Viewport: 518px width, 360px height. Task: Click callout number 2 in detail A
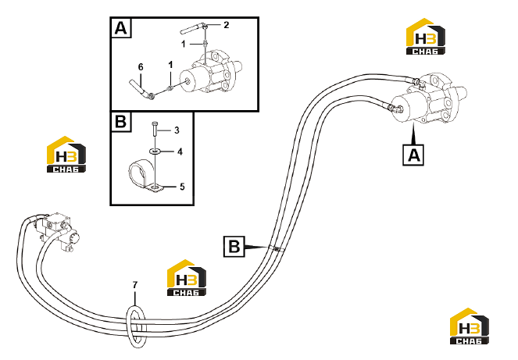226,25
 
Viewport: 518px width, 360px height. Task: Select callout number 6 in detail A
141,67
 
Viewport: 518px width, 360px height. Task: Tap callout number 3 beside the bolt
177,130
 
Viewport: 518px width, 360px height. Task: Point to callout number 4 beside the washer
180,151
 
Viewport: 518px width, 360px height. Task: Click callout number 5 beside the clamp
182,187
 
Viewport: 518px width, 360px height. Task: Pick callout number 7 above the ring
135,285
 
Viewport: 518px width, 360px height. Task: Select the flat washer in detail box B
155,151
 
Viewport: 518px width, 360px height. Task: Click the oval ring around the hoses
127,327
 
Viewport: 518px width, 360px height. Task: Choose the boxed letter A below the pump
413,155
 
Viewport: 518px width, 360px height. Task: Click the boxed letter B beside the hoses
234,247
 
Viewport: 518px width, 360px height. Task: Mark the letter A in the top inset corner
120,28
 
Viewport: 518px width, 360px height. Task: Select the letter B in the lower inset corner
120,122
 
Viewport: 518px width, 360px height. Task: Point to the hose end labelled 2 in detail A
193,28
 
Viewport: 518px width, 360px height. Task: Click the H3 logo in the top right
426,37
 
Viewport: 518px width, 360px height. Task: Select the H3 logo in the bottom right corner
470,326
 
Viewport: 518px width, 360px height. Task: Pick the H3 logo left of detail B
66,155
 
